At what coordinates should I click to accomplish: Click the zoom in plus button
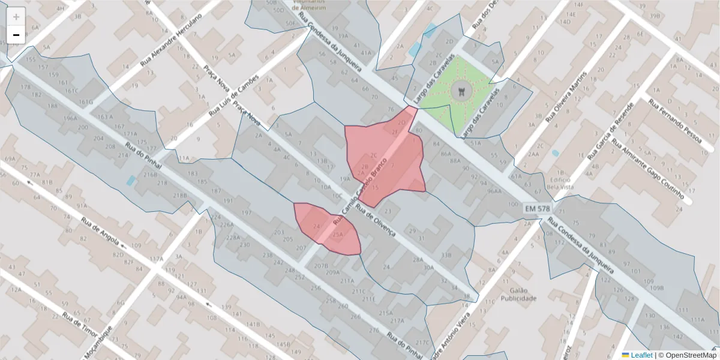(16, 17)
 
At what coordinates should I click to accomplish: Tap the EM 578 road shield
(537, 208)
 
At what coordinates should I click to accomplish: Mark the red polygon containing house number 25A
(328, 229)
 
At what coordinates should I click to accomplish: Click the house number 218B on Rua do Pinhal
(180, 195)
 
